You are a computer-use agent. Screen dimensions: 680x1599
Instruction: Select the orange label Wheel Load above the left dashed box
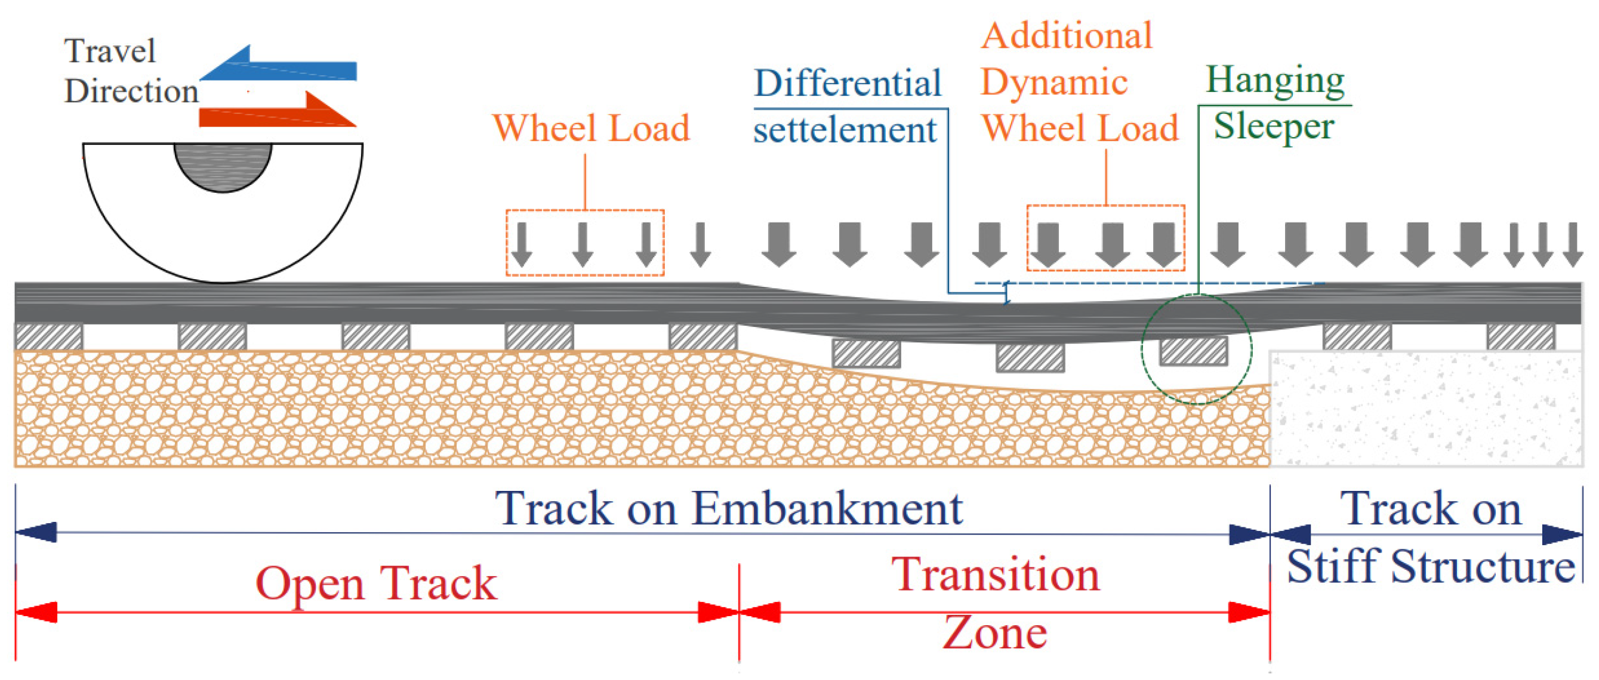(x=591, y=128)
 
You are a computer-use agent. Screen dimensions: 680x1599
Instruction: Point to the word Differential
(x=848, y=83)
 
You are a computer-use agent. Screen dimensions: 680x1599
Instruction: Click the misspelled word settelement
(x=845, y=129)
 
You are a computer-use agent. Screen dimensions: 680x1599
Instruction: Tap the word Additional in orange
(x=1067, y=35)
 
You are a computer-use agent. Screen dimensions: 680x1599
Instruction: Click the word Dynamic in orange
(x=1053, y=82)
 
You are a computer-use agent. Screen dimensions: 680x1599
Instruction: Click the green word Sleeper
(x=1274, y=126)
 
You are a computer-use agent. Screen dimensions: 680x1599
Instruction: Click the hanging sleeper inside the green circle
(x=1194, y=351)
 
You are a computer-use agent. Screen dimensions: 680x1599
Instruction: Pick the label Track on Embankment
(x=728, y=508)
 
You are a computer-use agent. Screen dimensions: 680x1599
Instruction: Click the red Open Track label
(x=376, y=583)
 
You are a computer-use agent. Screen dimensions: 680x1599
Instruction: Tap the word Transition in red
(x=995, y=574)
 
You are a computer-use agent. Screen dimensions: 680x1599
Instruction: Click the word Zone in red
(x=995, y=633)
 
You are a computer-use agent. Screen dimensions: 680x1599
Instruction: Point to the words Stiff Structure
(x=1430, y=567)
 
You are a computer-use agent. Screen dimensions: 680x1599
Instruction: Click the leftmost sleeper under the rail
(x=48, y=337)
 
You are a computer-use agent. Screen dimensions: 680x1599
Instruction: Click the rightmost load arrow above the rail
(x=1572, y=245)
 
